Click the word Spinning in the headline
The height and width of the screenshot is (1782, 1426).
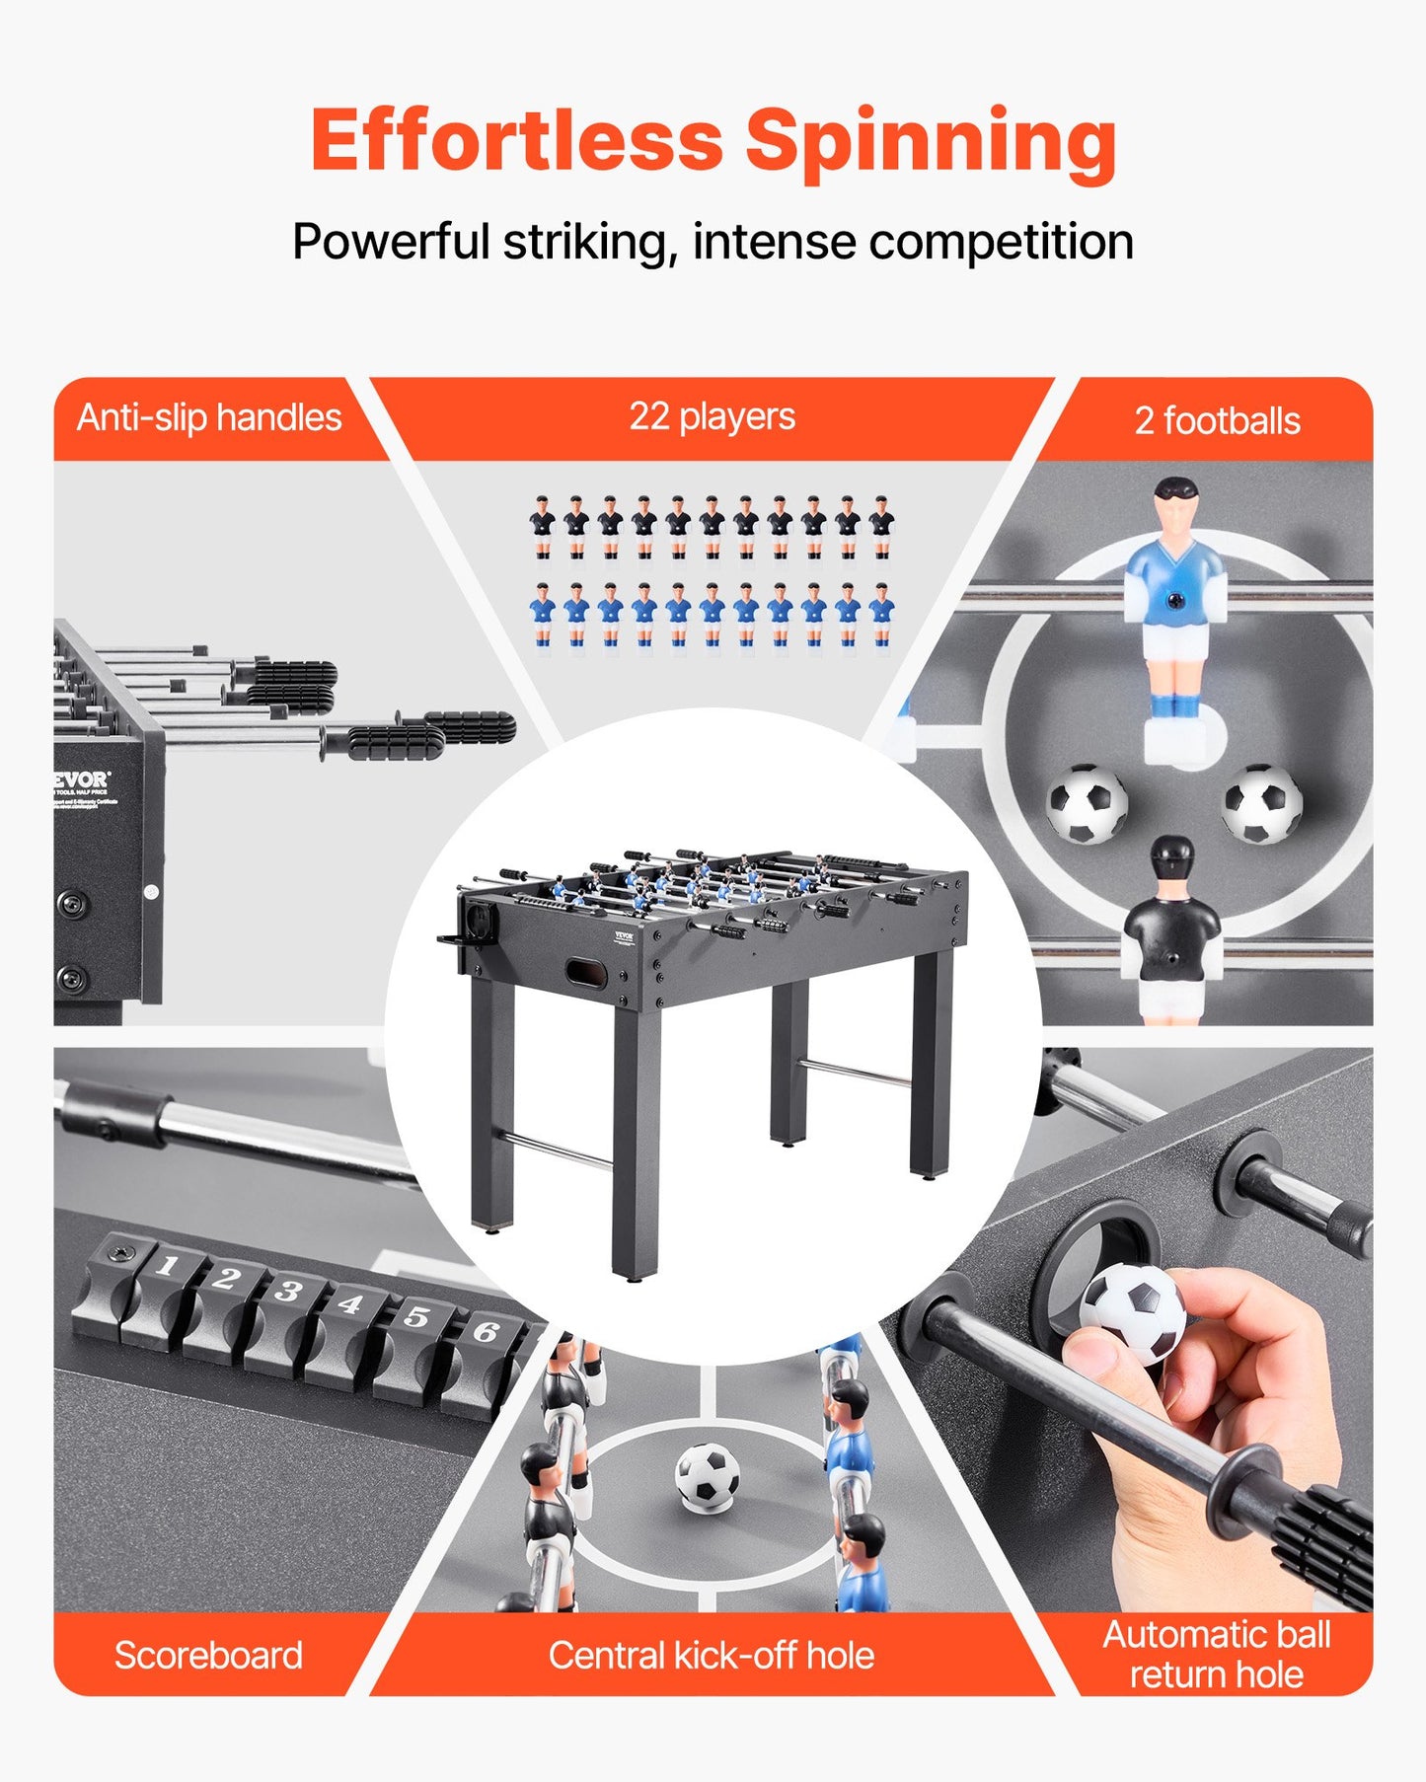930,141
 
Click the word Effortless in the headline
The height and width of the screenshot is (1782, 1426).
516,141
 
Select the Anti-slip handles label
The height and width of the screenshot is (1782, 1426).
209,417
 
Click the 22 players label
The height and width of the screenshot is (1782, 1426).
712,416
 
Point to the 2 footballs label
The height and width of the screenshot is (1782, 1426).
1217,421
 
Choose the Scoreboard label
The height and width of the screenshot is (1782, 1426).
208,1655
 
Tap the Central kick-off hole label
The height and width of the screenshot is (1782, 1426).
712,1655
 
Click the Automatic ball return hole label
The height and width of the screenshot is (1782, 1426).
1216,1654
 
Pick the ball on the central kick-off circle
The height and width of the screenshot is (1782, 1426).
707,1477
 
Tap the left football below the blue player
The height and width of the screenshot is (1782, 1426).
1087,803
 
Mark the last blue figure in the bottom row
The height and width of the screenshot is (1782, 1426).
881,616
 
